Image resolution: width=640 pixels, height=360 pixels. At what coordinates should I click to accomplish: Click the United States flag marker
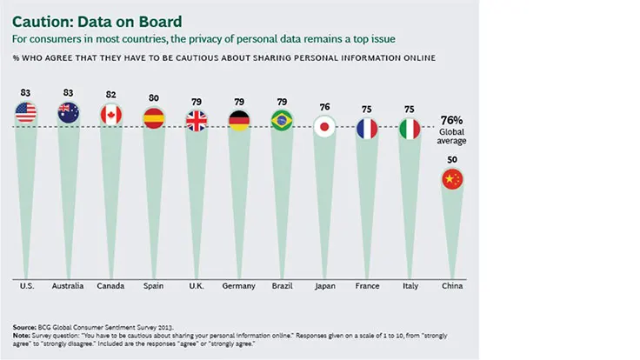pos(27,112)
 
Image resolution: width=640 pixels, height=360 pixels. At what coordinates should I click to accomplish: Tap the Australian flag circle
pos(69,112)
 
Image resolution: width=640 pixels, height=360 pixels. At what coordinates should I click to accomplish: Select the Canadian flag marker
pos(111,114)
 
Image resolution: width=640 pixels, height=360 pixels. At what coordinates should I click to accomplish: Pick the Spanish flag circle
pos(154,117)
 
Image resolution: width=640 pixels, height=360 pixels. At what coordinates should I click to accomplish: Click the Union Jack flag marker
pos(197,119)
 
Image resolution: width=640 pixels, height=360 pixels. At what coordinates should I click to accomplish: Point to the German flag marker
pos(239,119)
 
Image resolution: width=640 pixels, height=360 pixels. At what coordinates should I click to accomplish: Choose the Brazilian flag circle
pos(282,119)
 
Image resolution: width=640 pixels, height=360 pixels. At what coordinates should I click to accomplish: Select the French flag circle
pos(367,128)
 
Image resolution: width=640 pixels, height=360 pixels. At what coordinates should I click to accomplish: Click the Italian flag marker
pos(410,128)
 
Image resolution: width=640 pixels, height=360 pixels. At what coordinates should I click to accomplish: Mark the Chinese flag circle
pos(452,179)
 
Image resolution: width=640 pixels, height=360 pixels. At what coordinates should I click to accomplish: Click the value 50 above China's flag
pos(452,161)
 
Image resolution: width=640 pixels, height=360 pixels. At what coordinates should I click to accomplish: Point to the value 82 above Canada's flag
pos(111,95)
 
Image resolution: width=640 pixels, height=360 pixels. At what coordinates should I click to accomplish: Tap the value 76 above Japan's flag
pos(324,107)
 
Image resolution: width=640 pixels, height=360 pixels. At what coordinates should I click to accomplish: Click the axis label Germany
pos(239,285)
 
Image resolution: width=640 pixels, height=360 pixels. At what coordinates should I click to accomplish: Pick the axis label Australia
pos(69,285)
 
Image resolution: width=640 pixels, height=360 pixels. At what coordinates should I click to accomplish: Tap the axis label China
pos(452,285)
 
